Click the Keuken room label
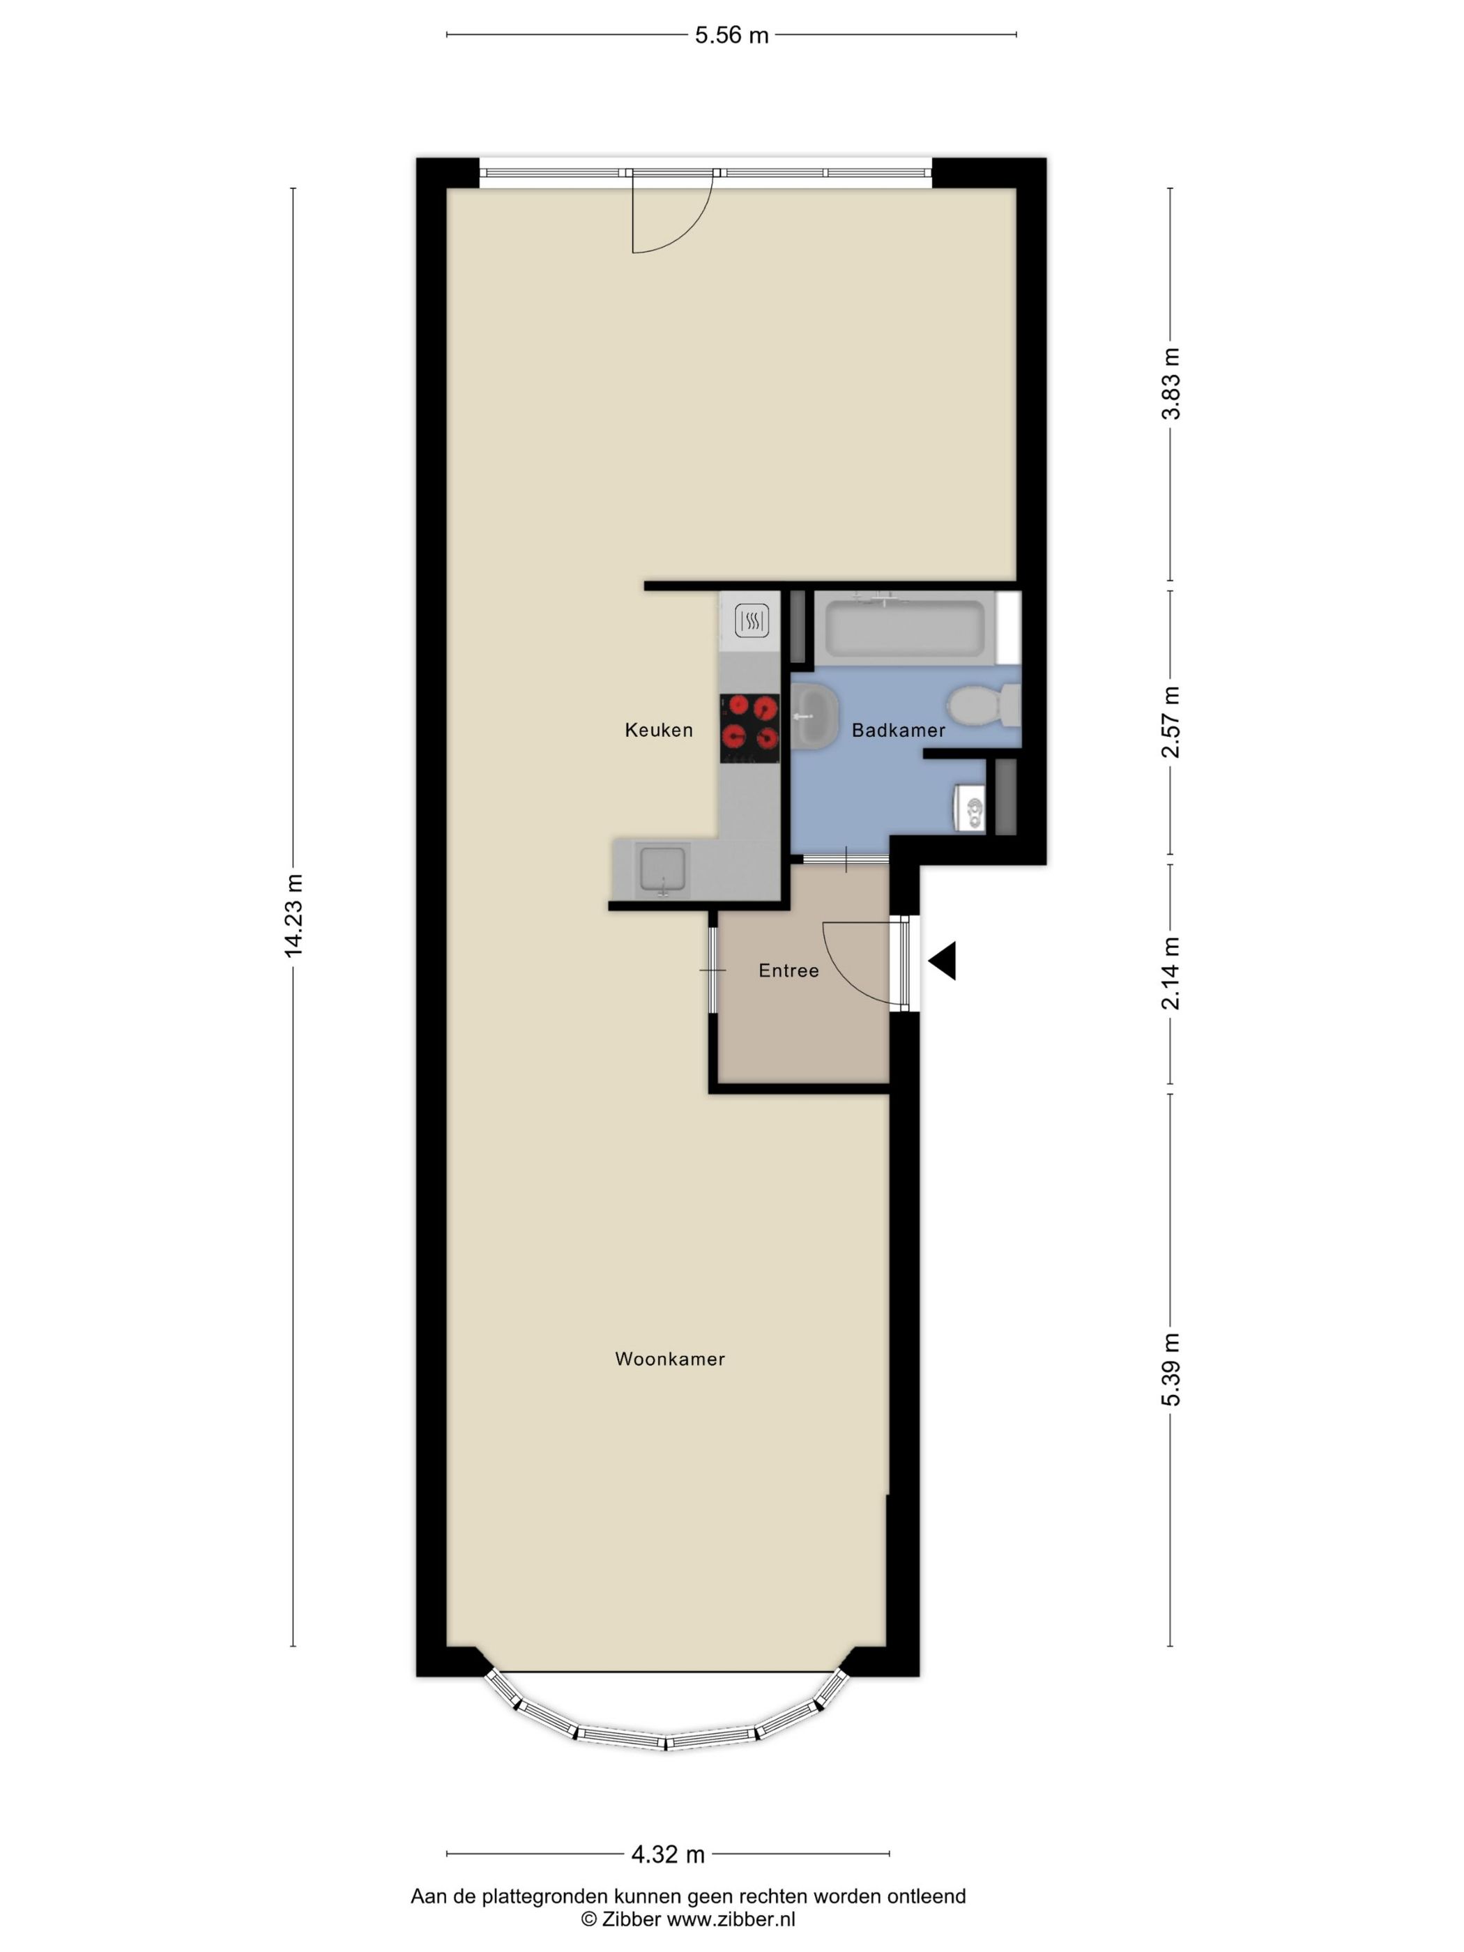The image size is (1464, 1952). pyautogui.click(x=658, y=730)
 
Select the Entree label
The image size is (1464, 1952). pyautogui.click(x=788, y=970)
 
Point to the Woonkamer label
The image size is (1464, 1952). pyautogui.click(x=670, y=1359)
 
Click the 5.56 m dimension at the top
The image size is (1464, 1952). pyautogui.click(x=731, y=36)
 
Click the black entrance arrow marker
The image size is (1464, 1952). pyautogui.click(x=943, y=960)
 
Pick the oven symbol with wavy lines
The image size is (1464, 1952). pyautogui.click(x=751, y=621)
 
